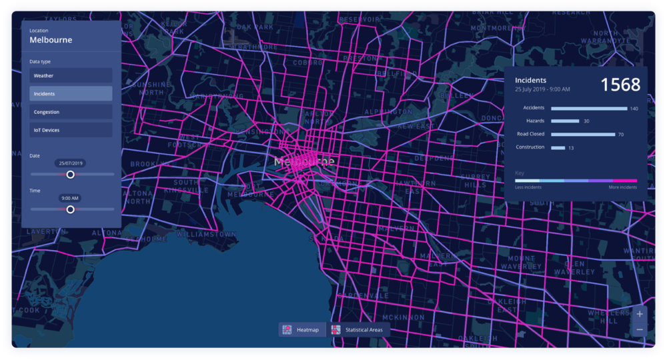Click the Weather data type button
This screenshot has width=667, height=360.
[71, 76]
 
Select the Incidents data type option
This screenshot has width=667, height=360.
[71, 94]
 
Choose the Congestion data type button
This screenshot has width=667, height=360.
[71, 112]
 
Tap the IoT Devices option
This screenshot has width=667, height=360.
[71, 130]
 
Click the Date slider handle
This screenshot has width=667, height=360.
[71, 175]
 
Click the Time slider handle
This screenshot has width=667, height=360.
[71, 209]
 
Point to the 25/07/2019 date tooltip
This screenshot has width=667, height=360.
[70, 163]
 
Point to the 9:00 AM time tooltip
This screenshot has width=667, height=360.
[70, 198]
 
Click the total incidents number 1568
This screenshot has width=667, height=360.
[620, 85]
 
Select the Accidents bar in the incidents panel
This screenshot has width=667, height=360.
[589, 108]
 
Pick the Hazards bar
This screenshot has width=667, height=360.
[565, 121]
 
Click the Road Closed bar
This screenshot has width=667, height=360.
[583, 134]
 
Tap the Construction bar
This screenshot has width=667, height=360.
[558, 147]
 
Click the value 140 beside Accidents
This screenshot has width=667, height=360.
[634, 108]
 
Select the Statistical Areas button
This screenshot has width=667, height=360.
[358, 330]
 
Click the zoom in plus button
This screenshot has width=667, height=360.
[640, 314]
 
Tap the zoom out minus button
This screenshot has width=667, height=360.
[640, 329]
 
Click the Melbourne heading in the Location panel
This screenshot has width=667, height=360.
[51, 40]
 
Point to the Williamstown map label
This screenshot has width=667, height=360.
[206, 235]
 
